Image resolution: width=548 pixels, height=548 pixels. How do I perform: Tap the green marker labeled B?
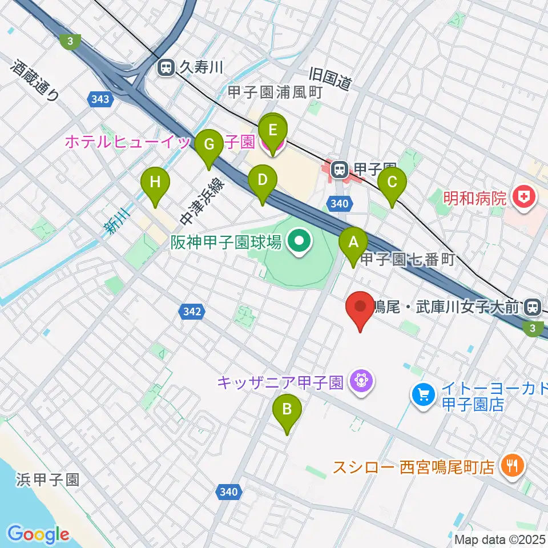point(287,409)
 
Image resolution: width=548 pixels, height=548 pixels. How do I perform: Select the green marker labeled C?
point(392,183)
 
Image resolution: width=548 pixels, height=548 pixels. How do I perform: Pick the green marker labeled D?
point(263,181)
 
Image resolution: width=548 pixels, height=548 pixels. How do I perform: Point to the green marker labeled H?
point(155,183)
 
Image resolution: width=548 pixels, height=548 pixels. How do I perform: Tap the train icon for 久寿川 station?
point(166,68)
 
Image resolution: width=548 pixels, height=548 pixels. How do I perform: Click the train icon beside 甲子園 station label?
point(340,169)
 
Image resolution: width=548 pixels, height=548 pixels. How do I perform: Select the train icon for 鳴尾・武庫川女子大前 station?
point(533,307)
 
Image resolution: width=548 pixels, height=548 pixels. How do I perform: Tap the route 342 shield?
point(192,311)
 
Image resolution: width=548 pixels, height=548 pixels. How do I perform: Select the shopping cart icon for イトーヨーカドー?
point(423,394)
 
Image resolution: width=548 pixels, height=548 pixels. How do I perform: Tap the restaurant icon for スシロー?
point(511,466)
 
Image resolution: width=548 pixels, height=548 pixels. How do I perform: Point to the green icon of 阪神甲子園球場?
point(299,243)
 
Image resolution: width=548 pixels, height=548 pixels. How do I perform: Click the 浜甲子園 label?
point(47,478)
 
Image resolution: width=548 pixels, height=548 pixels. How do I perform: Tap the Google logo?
point(38,534)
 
